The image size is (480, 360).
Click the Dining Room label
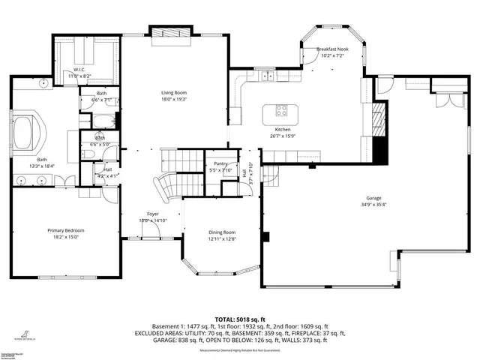[222, 232]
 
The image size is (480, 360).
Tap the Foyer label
[152, 214]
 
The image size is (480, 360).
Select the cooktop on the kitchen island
[283, 112]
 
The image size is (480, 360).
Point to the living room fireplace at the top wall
[164, 33]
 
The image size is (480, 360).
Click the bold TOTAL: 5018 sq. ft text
[239, 319]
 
